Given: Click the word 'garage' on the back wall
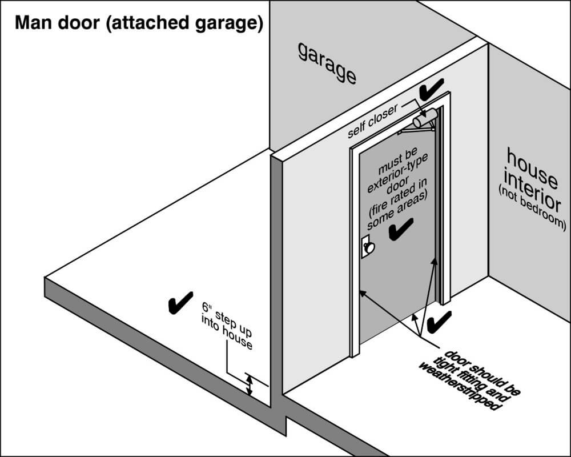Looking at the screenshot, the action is coord(327,63).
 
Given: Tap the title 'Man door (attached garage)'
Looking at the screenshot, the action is coord(139,23).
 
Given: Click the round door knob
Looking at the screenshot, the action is coord(369,248).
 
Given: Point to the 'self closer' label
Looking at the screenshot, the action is coord(372,121).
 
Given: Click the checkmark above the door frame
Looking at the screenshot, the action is coord(431,89).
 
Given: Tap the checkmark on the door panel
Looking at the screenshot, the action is coord(401,229).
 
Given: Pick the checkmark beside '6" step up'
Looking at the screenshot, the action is coord(180,303).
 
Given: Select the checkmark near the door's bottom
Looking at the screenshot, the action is coord(439,323).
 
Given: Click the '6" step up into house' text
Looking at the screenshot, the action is coord(227,326).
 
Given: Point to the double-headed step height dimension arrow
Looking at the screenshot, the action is coord(249,386).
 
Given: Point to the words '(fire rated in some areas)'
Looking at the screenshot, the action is coord(397,204).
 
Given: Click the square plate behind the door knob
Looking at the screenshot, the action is coord(366,247).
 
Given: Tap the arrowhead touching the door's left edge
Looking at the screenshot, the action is coord(363,294).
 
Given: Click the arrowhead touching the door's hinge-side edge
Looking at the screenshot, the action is coord(435,263).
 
